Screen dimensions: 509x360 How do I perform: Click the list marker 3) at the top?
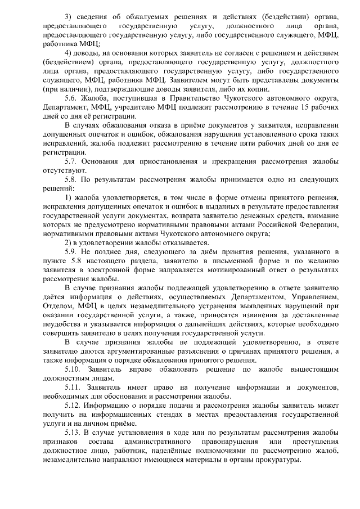tap(69, 11)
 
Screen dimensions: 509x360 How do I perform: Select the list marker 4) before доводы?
tap(69, 52)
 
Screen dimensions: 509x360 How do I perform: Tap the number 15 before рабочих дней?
tap(303, 106)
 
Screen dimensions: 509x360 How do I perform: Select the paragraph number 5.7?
tap(71, 161)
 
